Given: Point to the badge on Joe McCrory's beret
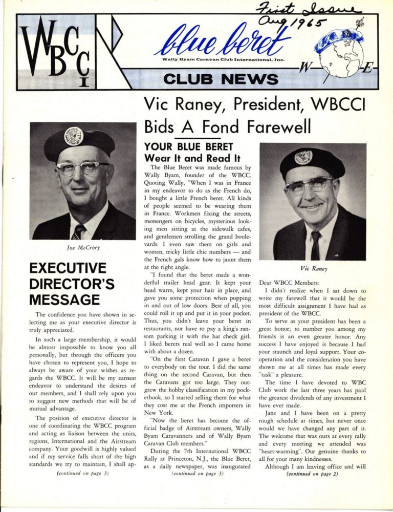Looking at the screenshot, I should [x=74, y=136].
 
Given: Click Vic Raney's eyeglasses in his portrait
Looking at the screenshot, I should [x=311, y=185].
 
